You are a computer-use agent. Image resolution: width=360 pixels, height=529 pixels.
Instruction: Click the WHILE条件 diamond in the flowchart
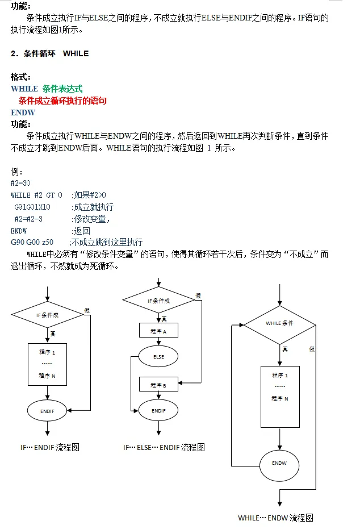(x=279, y=324)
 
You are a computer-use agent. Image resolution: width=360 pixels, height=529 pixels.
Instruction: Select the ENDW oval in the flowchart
(x=279, y=463)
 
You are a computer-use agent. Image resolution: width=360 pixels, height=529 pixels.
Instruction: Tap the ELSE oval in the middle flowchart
(x=158, y=357)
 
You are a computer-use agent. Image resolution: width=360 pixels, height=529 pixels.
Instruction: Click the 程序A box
(x=158, y=330)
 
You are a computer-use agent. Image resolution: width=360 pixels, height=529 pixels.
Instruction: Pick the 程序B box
(x=158, y=385)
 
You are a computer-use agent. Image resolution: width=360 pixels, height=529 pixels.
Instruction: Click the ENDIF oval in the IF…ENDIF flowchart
(x=47, y=410)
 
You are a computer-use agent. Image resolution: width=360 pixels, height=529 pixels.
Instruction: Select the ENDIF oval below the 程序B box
(x=158, y=410)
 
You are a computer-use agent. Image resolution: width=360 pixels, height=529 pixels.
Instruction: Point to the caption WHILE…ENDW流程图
(x=275, y=518)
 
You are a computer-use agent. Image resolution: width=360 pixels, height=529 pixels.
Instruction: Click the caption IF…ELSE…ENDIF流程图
(x=164, y=447)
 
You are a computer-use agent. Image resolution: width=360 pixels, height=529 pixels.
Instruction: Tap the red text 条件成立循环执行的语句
(x=62, y=101)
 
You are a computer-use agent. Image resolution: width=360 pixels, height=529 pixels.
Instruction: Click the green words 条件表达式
(x=62, y=89)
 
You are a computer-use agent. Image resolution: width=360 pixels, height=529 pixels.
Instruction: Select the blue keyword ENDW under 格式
(x=23, y=113)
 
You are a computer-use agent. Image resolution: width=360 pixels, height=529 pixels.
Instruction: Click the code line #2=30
(x=20, y=183)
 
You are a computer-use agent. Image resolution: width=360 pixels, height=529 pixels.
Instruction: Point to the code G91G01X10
(x=32, y=207)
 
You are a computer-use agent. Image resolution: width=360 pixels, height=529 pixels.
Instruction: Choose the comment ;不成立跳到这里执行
(x=106, y=242)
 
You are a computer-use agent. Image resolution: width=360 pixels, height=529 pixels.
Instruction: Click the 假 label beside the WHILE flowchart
(x=312, y=349)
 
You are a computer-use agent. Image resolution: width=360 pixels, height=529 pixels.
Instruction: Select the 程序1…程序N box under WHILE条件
(x=279, y=396)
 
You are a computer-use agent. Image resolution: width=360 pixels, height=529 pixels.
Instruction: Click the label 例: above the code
(x=16, y=171)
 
